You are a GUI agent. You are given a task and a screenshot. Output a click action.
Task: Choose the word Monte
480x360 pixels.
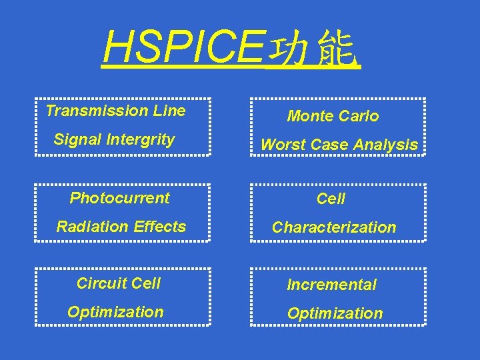click(x=309, y=116)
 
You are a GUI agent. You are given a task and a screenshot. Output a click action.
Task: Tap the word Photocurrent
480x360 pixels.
click(x=119, y=198)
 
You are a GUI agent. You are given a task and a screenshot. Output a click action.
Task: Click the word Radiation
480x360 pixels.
click(x=90, y=227)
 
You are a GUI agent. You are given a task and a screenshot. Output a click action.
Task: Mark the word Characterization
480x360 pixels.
click(x=334, y=227)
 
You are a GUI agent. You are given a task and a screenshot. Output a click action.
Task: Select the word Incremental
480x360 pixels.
click(x=331, y=285)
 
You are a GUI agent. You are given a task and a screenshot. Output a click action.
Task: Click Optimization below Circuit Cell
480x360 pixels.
click(x=115, y=312)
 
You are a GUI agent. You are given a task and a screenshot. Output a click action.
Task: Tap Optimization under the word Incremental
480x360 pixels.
click(x=335, y=313)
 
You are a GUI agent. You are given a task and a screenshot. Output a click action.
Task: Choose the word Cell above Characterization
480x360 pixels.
click(x=331, y=199)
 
